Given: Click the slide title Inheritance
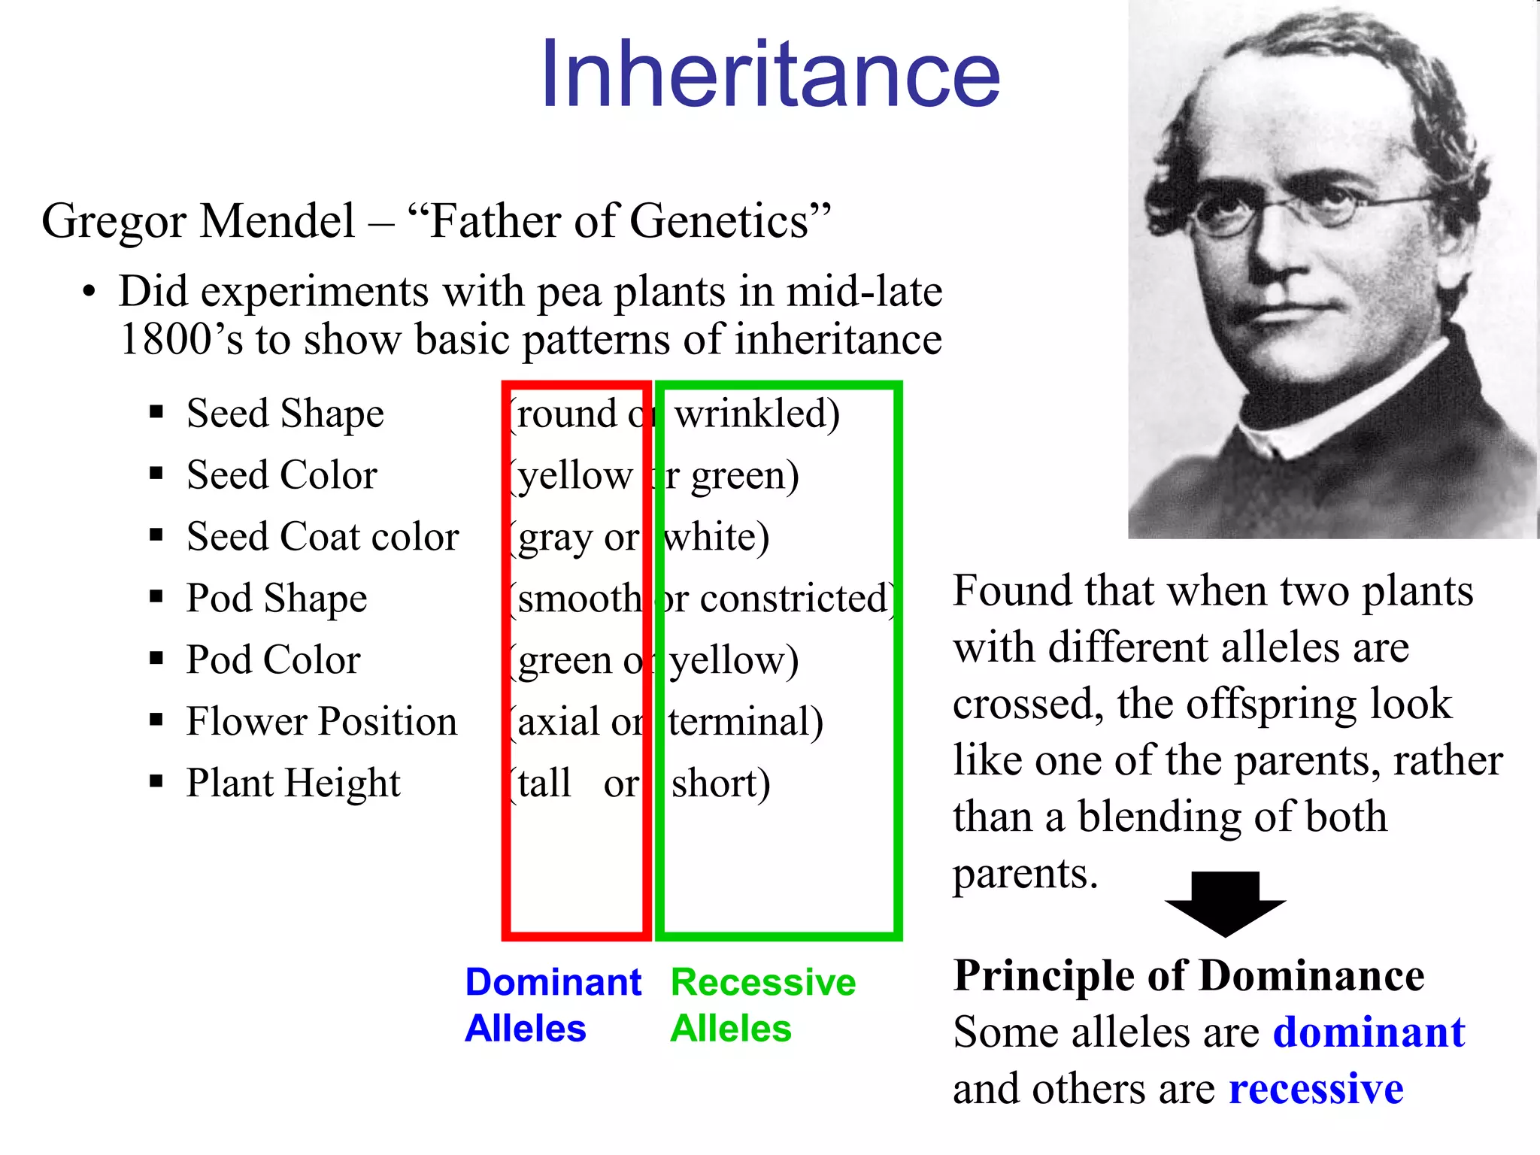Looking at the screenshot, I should click(x=770, y=74).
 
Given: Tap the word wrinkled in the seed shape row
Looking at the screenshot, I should click(x=752, y=414).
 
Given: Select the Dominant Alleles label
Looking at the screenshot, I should click(x=553, y=1005).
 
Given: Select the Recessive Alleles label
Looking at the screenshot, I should click(x=762, y=1005).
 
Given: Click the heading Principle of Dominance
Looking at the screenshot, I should click(x=1188, y=976).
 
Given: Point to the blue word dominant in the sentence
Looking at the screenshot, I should click(x=1369, y=1032).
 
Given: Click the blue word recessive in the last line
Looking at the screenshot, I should click(x=1316, y=1089).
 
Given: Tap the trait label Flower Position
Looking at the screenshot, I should click(x=322, y=722).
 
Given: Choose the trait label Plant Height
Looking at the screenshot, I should click(x=293, y=784).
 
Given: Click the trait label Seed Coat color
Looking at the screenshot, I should click(x=323, y=537).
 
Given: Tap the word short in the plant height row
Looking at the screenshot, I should click(x=714, y=784).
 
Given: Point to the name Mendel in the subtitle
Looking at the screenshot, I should click(x=278, y=222).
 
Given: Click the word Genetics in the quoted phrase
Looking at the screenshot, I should click(x=718, y=222).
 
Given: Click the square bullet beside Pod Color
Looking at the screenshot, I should click(x=156, y=659).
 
